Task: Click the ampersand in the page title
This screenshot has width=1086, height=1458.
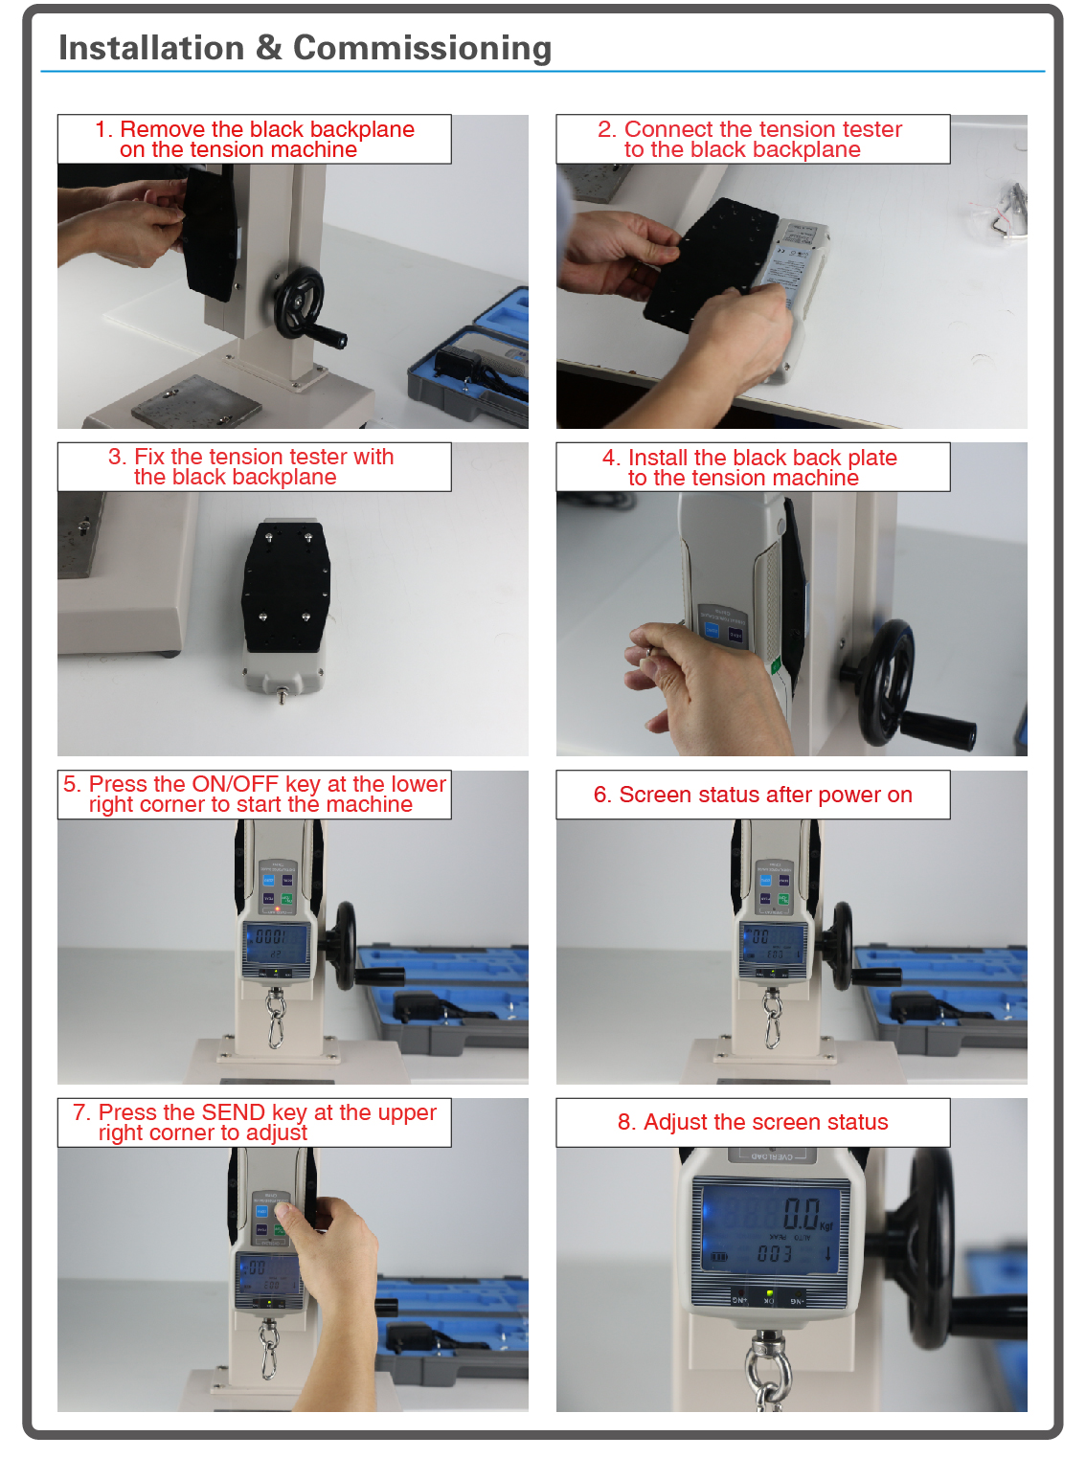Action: point(268,48)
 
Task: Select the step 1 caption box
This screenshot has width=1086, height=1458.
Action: point(254,140)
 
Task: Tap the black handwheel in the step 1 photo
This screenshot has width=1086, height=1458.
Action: point(301,303)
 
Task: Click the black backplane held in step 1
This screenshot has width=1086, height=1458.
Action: point(210,233)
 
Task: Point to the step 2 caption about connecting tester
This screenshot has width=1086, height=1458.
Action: point(753,140)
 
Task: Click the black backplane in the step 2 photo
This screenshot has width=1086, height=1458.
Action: point(709,263)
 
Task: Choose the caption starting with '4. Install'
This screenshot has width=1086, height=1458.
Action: point(753,467)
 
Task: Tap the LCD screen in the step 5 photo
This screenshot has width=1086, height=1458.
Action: point(277,944)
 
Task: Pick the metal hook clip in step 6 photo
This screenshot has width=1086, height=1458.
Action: point(772,1021)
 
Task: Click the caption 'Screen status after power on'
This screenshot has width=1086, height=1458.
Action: point(753,795)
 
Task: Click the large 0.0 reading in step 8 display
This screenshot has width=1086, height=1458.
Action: point(801,1214)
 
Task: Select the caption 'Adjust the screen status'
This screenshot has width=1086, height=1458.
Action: point(753,1122)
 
